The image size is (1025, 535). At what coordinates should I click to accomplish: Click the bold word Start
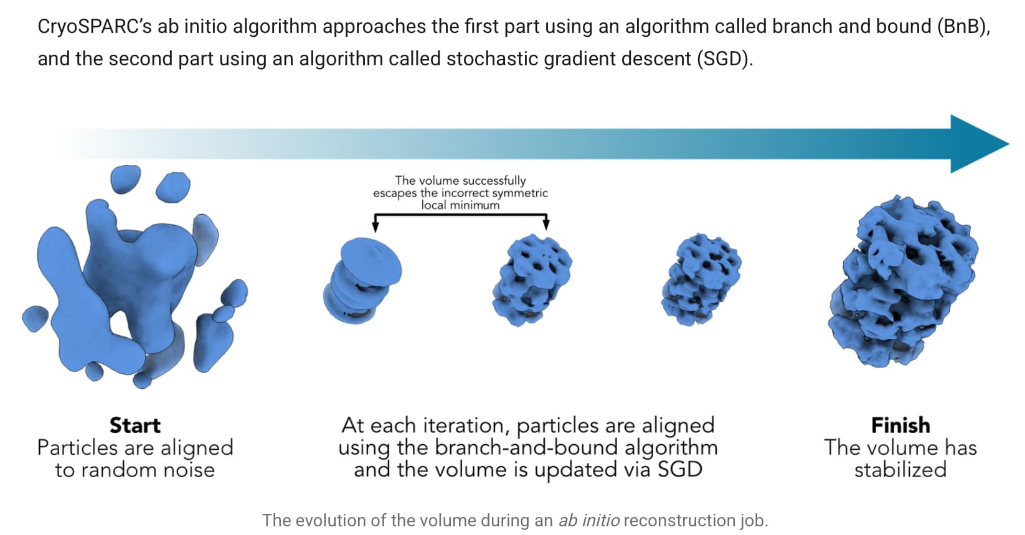(x=135, y=426)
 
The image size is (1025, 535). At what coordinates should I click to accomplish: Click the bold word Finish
(x=900, y=426)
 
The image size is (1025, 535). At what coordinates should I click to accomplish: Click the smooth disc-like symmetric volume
(x=362, y=281)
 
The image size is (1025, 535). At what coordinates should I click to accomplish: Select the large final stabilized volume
(x=903, y=281)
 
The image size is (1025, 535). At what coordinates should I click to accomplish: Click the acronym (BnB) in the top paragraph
(x=964, y=27)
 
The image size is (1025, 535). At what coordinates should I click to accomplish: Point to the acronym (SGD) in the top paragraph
(x=725, y=59)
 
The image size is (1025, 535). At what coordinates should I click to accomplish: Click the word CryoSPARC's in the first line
(x=94, y=27)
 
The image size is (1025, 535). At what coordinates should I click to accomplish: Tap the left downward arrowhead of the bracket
(x=376, y=225)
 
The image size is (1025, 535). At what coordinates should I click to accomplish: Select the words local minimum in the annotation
(x=460, y=205)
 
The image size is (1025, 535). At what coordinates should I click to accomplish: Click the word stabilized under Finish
(x=900, y=470)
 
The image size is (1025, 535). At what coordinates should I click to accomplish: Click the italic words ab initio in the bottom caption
(x=589, y=520)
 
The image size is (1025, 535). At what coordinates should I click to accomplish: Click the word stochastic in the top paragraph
(x=492, y=59)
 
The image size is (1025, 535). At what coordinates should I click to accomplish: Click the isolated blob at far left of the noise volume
(x=35, y=319)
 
